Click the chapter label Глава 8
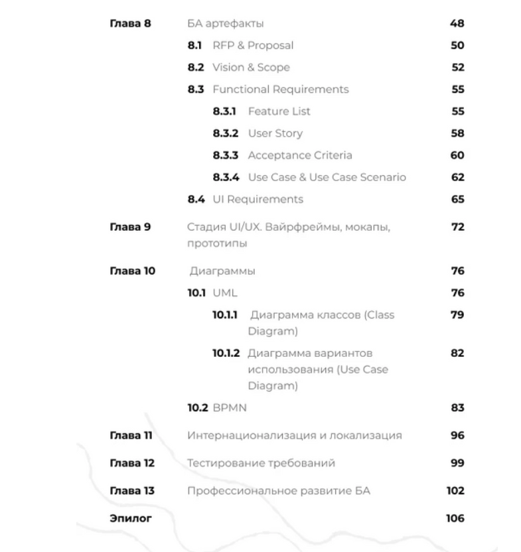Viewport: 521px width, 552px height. (x=130, y=24)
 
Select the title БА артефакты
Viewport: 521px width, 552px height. (x=226, y=24)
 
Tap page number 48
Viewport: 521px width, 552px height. (x=457, y=24)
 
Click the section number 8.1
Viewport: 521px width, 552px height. (x=194, y=46)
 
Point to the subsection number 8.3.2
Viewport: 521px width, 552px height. (x=227, y=133)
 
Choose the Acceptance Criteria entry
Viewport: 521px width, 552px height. (x=300, y=155)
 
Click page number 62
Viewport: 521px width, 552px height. (x=457, y=177)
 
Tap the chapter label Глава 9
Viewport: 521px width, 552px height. (x=130, y=227)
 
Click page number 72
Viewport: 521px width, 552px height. (x=457, y=227)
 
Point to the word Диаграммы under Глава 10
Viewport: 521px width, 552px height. (x=222, y=271)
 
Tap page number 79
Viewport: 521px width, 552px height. (x=457, y=314)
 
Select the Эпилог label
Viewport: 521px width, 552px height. (x=129, y=519)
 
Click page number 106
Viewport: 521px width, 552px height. (x=455, y=519)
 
